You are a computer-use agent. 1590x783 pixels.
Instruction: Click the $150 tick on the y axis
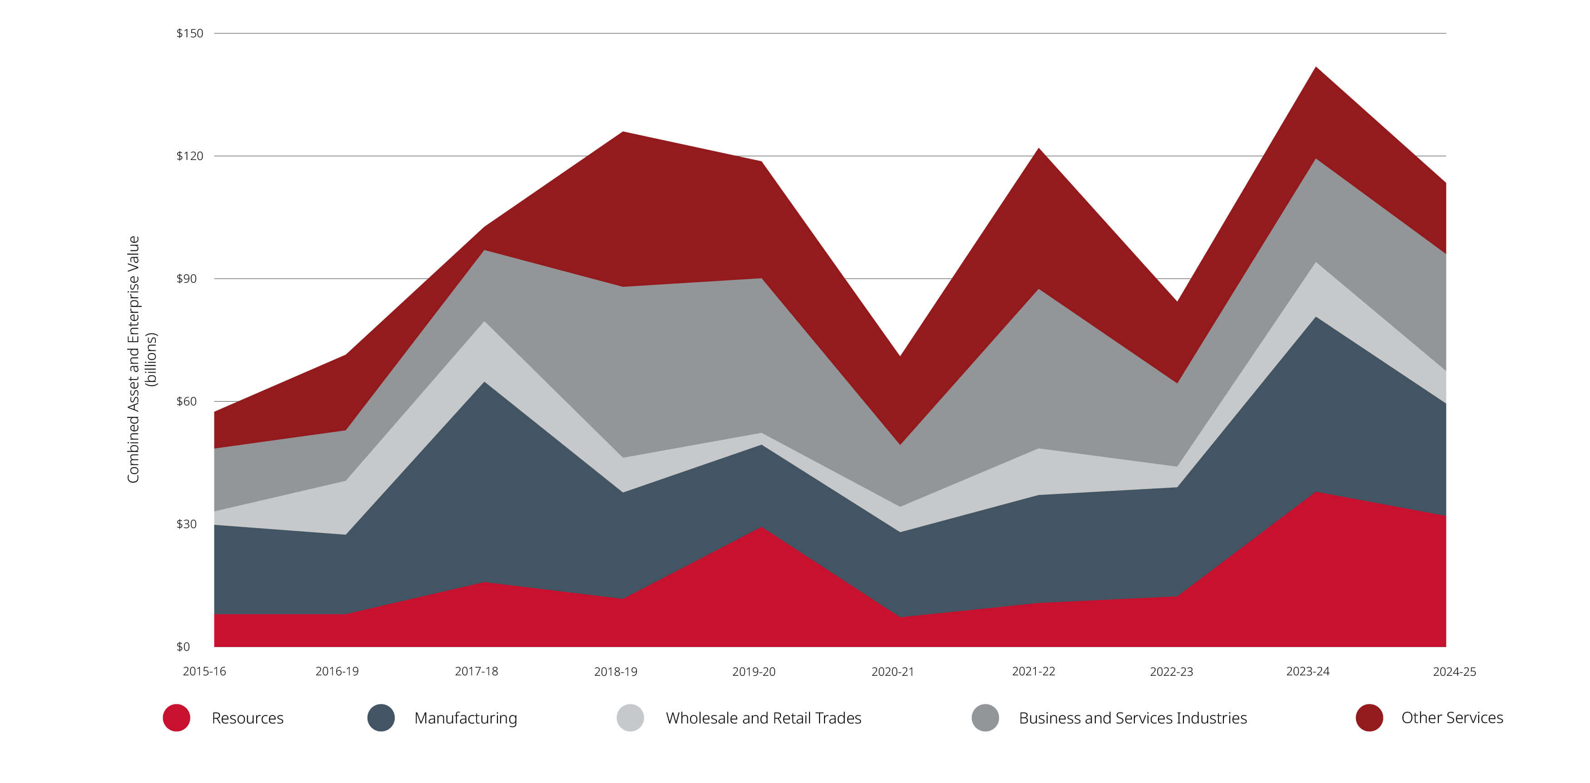click(189, 33)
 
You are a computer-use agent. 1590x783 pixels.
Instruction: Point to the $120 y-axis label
click(189, 155)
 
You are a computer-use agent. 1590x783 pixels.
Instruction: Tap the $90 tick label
click(186, 279)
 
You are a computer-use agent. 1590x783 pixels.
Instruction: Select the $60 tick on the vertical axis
click(186, 401)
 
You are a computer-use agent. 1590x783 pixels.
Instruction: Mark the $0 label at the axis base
click(184, 647)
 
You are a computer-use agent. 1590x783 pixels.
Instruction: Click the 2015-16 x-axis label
click(204, 671)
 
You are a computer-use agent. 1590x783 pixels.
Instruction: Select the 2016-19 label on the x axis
click(337, 671)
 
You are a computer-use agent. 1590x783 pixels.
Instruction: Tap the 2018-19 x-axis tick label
click(616, 671)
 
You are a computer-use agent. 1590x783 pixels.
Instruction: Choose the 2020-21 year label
click(893, 671)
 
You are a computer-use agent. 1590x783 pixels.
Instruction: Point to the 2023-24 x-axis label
click(1307, 671)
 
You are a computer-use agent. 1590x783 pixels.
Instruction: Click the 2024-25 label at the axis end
click(1454, 671)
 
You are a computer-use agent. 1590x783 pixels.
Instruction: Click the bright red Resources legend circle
click(177, 718)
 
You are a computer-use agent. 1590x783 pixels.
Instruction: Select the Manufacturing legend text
click(465, 718)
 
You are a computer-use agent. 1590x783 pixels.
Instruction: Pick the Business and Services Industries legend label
click(1133, 718)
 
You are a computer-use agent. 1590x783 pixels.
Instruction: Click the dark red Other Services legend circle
click(1369, 718)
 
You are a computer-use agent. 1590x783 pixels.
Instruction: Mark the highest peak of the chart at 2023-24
click(1316, 68)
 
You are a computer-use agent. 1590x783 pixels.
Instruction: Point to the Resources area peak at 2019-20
click(762, 529)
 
